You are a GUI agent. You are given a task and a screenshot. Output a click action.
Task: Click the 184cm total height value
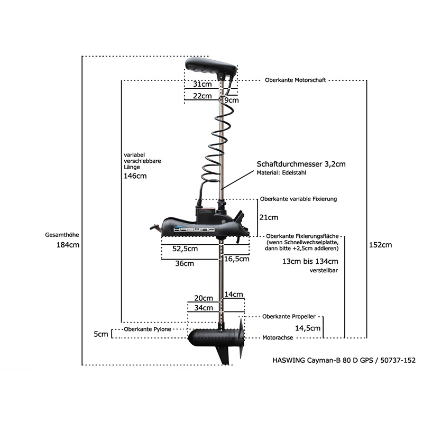click(x=68, y=245)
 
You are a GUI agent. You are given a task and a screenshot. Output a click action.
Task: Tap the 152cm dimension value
click(x=380, y=245)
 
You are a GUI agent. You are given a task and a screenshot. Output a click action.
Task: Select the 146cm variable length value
click(x=135, y=176)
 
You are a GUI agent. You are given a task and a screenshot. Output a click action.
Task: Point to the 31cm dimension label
click(x=203, y=84)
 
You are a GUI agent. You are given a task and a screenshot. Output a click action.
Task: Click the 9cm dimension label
click(x=232, y=100)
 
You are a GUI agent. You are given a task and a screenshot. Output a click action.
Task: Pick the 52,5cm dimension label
click(x=185, y=249)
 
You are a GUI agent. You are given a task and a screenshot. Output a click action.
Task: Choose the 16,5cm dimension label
click(x=236, y=259)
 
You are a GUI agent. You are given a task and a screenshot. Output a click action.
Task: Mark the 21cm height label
click(x=269, y=217)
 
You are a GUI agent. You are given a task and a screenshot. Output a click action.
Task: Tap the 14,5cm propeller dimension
click(x=308, y=328)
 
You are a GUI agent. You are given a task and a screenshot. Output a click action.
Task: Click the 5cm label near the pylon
click(x=101, y=334)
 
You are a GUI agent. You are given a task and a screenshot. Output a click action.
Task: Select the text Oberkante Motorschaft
click(x=296, y=80)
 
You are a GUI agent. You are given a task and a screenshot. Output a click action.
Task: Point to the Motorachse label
click(x=278, y=338)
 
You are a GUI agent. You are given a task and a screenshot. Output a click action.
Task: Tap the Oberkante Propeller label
click(x=289, y=316)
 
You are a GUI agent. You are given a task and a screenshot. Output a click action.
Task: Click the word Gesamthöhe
click(x=62, y=235)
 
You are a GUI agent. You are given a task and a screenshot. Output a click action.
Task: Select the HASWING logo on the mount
click(x=194, y=229)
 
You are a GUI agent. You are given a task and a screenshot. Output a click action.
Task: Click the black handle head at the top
click(x=210, y=67)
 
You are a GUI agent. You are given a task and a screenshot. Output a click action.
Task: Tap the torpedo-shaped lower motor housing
click(x=213, y=338)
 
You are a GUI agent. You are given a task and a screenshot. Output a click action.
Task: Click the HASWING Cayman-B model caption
click(x=344, y=360)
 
